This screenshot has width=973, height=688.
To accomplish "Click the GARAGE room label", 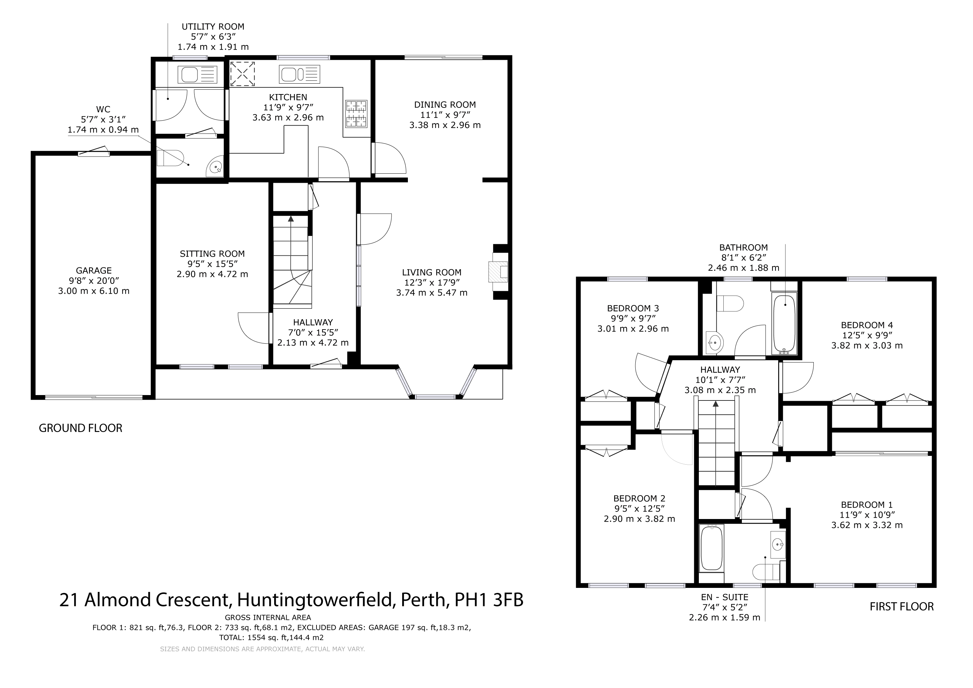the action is (94, 270).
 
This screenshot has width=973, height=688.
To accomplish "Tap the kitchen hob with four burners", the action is (356, 114).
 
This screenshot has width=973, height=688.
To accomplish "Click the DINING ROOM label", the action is (445, 104).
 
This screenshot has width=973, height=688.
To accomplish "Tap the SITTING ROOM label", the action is (212, 254).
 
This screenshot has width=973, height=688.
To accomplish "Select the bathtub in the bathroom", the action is (785, 324).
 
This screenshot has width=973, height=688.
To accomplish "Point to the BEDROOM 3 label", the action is (633, 308).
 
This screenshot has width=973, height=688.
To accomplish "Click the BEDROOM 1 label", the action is (866, 505).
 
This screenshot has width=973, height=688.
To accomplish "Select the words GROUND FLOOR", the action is (81, 428).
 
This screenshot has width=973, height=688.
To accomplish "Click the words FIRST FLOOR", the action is (902, 607).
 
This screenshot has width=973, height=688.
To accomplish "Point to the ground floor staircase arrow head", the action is (291, 219).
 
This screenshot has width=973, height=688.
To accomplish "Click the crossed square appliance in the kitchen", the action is (242, 73).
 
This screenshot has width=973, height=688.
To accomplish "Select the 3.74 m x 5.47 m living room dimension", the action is (432, 293).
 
